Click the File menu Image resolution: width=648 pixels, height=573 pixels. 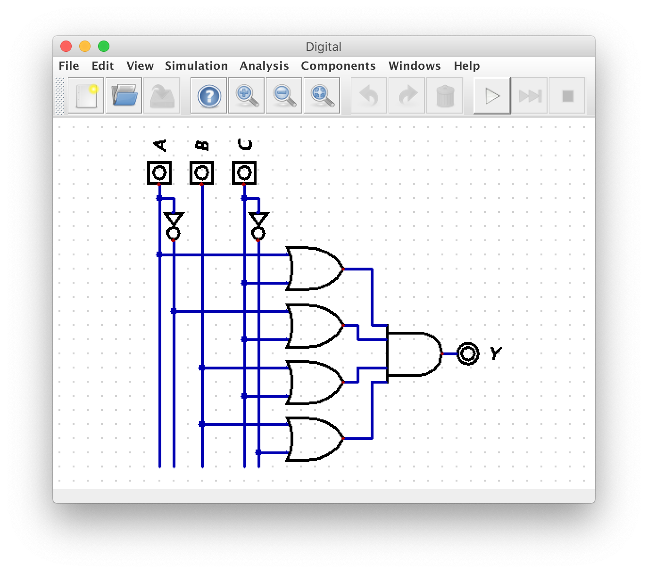(69, 66)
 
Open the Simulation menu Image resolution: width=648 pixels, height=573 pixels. (196, 66)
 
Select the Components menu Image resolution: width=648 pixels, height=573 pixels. (338, 66)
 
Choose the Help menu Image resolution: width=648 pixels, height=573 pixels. (466, 66)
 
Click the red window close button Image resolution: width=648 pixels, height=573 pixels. (66, 46)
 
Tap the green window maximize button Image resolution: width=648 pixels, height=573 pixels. (104, 46)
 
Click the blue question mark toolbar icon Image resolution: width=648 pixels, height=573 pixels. (209, 96)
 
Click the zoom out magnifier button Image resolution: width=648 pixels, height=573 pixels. (284, 96)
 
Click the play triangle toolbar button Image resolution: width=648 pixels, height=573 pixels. (492, 96)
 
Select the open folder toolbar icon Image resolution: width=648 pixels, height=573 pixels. (124, 96)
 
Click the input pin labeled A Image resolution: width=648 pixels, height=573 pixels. (159, 173)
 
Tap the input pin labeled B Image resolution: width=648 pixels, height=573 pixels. (202, 173)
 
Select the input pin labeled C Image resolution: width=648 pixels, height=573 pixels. (244, 173)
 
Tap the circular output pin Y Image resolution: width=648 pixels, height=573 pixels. (468, 353)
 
